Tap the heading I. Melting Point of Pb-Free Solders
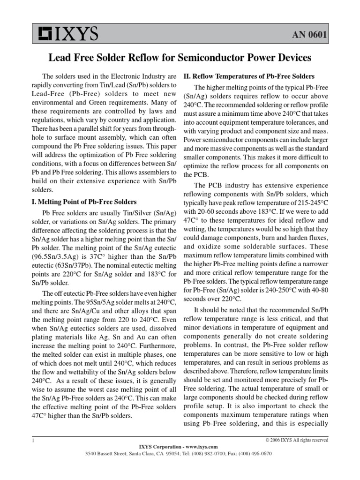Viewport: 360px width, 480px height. [x=83, y=202]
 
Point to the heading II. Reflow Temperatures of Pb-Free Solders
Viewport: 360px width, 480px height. [x=248, y=76]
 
